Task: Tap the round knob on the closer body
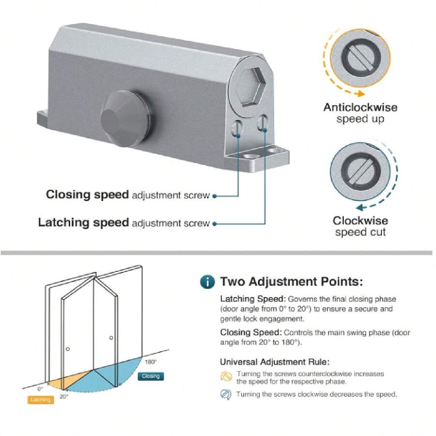point(125,118)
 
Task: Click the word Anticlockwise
point(360,108)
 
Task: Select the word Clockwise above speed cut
point(360,221)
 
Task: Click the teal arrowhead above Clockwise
point(360,207)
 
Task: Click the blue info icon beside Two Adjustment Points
point(207,281)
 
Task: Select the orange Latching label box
point(41,400)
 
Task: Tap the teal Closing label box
point(151,376)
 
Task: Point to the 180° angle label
point(151,362)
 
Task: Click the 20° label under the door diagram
point(63,396)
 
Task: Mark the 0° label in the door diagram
point(40,389)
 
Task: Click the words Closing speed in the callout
point(87,195)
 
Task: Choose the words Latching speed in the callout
point(83,222)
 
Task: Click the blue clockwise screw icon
point(226,394)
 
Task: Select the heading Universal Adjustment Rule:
point(275,362)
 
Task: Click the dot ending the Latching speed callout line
point(215,224)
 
